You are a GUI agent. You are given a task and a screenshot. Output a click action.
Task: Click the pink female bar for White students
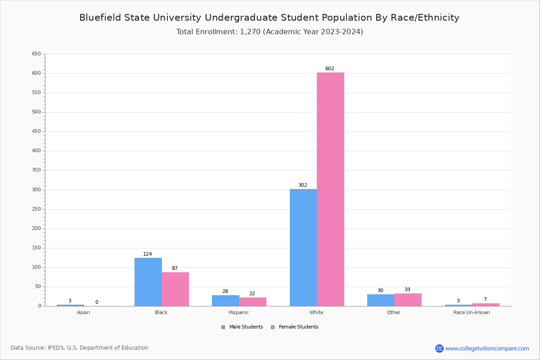click(x=330, y=189)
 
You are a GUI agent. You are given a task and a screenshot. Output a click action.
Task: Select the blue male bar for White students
click(x=303, y=247)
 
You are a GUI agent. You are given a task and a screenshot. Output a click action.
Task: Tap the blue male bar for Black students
click(x=148, y=282)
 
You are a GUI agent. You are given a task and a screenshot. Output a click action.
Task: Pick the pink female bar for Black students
click(x=175, y=289)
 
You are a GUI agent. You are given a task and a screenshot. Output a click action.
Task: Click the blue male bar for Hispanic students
click(x=225, y=301)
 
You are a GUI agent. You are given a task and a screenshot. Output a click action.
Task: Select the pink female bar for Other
click(x=408, y=300)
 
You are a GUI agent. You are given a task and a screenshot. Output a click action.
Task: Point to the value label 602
click(x=330, y=69)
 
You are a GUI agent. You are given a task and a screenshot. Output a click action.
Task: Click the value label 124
click(x=148, y=254)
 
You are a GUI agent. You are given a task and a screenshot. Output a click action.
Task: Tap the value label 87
click(x=175, y=269)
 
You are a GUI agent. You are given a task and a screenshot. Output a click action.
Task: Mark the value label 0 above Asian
click(x=97, y=302)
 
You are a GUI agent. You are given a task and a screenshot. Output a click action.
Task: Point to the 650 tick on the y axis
click(x=36, y=54)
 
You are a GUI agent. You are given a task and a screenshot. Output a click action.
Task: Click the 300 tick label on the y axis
click(x=36, y=190)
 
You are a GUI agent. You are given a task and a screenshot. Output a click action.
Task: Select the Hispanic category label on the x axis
click(x=238, y=312)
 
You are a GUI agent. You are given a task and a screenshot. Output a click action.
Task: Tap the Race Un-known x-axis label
click(x=472, y=312)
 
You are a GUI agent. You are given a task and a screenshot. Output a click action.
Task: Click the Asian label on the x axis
click(x=83, y=312)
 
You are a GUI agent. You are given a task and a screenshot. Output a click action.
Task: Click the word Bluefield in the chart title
click(x=99, y=18)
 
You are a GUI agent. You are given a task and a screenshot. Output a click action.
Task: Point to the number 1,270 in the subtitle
click(x=250, y=32)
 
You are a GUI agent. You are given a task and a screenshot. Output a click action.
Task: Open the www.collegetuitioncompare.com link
click(x=487, y=348)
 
